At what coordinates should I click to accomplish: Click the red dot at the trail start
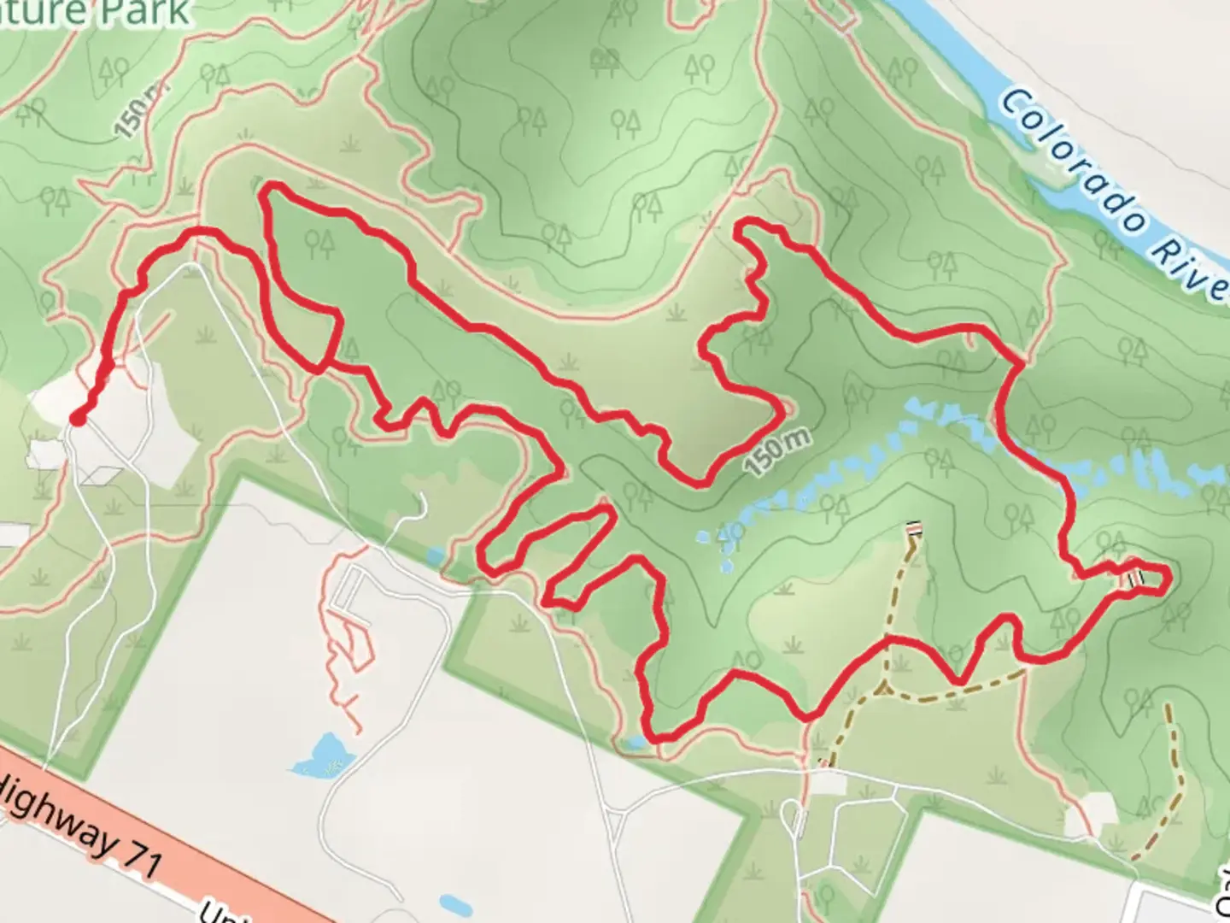(78, 418)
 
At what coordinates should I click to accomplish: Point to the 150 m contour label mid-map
(776, 453)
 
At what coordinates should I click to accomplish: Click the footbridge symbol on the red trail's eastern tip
(1135, 577)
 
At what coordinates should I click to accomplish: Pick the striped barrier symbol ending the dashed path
(914, 529)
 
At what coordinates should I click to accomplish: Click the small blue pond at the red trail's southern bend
(634, 743)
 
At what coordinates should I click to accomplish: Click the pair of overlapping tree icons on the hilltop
(605, 58)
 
